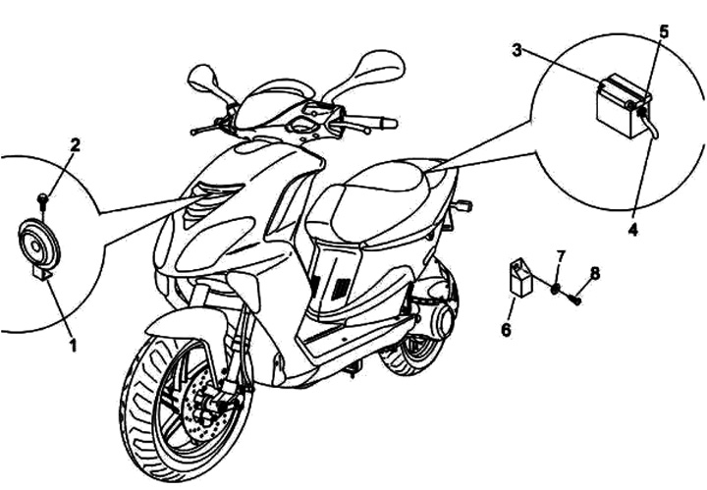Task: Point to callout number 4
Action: coord(633,229)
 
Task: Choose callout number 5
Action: coord(664,30)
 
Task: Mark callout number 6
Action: coord(507,330)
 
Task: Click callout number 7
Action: coord(561,257)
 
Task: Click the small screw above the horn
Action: coord(43,200)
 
